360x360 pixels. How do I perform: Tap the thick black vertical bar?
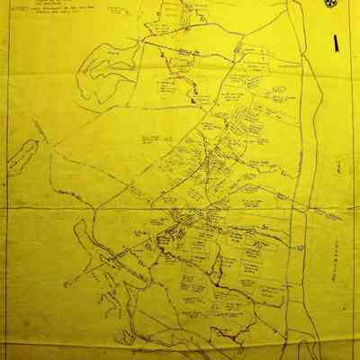(x=334, y=42)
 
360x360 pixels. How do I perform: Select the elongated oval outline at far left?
(x=22, y=155)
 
